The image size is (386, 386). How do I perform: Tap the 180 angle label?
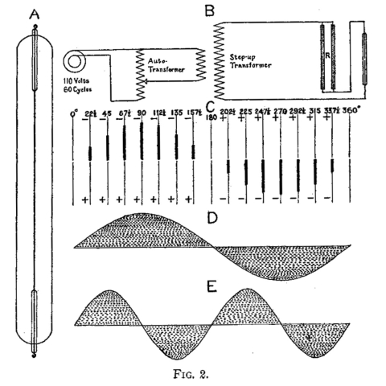point(211,117)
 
